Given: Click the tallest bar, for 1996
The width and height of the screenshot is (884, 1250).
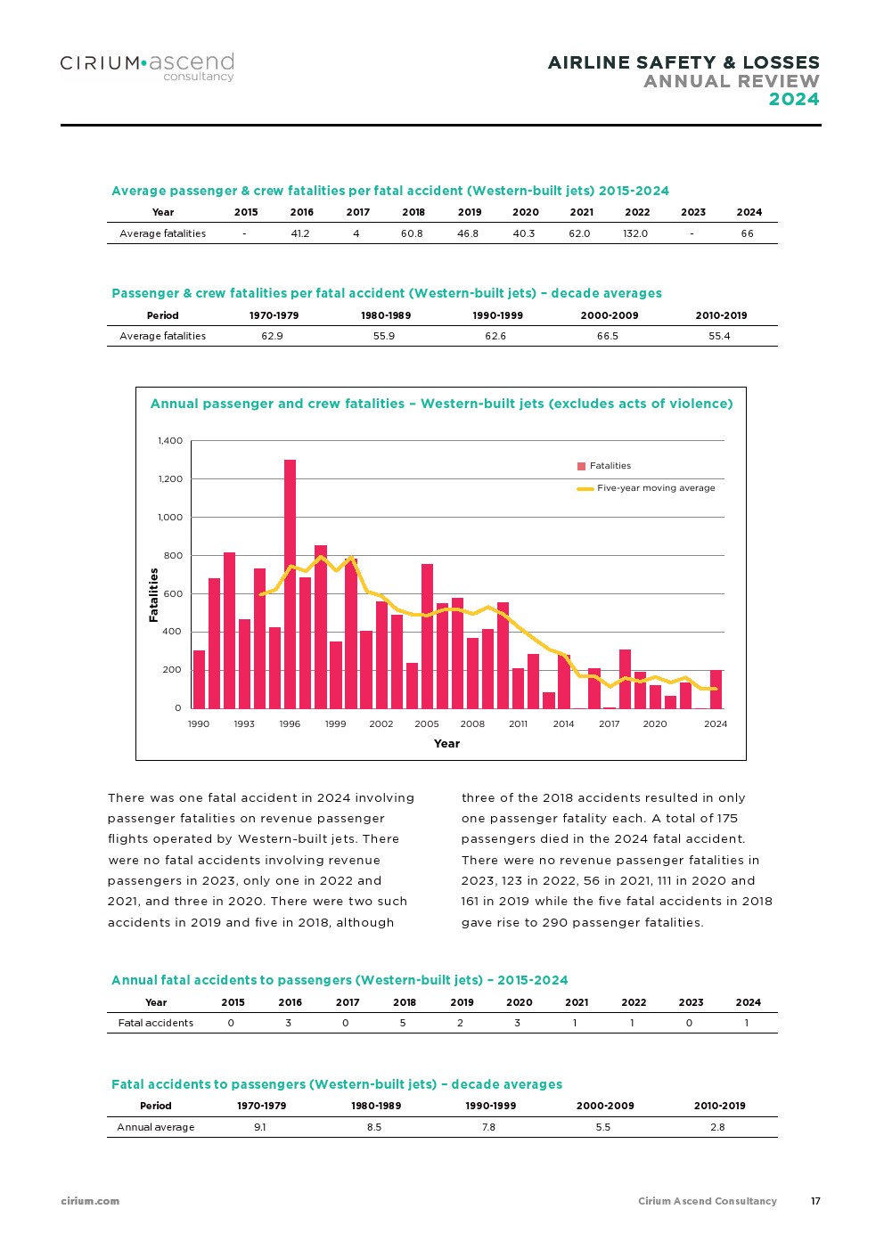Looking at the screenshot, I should [x=290, y=584].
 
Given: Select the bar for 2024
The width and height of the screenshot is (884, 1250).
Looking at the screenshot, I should [x=716, y=689].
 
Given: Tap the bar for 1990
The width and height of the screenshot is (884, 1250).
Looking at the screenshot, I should [x=199, y=679].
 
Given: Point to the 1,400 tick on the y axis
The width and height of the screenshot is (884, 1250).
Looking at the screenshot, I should [x=170, y=441].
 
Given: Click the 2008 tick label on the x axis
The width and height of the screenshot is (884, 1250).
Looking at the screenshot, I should [x=472, y=724].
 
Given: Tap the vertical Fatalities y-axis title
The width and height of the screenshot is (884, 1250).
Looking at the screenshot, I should [x=154, y=594].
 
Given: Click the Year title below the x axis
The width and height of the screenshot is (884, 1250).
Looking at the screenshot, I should [x=446, y=744].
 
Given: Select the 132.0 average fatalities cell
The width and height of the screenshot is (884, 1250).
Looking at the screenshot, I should [x=635, y=233].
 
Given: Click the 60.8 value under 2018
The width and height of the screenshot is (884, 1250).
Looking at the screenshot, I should [x=412, y=233].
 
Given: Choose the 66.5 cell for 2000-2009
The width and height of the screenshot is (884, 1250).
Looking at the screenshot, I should [x=607, y=336].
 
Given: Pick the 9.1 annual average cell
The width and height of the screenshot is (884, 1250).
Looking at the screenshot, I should [x=260, y=1127].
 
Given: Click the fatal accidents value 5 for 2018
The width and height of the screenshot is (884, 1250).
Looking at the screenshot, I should [x=403, y=1023].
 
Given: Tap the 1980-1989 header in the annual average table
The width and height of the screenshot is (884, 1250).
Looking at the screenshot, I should [x=376, y=1106].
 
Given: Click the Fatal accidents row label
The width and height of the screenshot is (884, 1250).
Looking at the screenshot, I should [x=156, y=1023].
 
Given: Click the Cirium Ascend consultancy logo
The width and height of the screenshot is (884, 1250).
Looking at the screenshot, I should [x=147, y=66].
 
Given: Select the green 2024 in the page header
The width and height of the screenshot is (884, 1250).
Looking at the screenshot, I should [x=793, y=99].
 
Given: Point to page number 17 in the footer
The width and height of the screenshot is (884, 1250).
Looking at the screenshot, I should [x=815, y=1201].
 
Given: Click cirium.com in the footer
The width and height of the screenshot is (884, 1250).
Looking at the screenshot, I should [x=90, y=1201].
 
